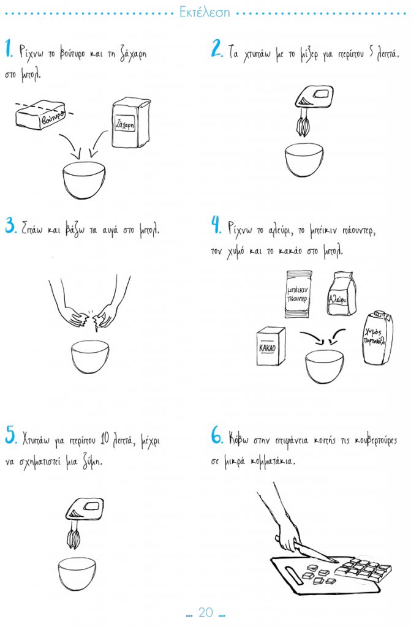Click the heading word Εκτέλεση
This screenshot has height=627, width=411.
205,12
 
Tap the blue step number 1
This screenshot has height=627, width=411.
9,49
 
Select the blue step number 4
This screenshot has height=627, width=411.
216,225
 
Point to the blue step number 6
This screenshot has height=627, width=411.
216,435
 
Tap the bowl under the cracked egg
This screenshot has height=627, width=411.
90,357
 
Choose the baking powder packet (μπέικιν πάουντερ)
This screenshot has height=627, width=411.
298,294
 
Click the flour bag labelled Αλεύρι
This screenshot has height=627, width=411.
341,293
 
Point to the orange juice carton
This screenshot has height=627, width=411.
377,338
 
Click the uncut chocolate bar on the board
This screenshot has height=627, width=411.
363,570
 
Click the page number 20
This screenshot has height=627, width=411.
206,612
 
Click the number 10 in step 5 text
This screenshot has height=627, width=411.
105,440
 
